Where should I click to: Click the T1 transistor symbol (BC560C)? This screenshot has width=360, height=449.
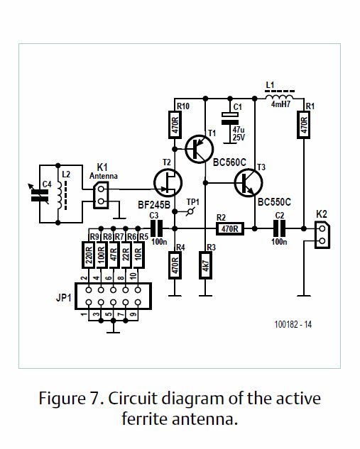click(x=200, y=149)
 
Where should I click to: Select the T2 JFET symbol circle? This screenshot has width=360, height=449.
click(x=168, y=183)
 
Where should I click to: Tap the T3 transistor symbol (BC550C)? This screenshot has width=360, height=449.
click(x=249, y=183)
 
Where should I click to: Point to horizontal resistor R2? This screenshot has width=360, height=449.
click(x=230, y=228)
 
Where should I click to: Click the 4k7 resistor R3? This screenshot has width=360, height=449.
click(x=205, y=265)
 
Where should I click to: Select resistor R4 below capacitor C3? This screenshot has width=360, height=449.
click(x=175, y=265)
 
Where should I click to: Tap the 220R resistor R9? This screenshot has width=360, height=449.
click(x=89, y=255)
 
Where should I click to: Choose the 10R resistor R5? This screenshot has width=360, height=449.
click(x=138, y=255)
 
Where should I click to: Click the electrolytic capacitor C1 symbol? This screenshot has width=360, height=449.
click(x=230, y=118)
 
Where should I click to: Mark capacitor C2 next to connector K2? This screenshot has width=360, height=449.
click(x=279, y=228)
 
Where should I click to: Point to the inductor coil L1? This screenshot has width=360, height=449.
click(x=279, y=96)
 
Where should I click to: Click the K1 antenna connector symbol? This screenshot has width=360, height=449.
click(x=101, y=195)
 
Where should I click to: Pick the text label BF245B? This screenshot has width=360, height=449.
click(x=154, y=205)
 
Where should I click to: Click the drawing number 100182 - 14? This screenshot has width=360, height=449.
click(x=293, y=324)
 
